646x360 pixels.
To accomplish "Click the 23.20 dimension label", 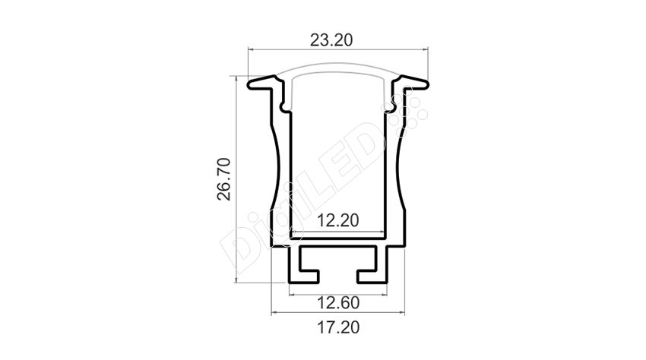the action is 331,40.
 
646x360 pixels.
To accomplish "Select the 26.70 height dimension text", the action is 224,178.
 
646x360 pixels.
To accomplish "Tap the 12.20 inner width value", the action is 338,221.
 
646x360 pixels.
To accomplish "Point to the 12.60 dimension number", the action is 338,303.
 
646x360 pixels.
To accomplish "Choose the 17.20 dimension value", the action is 338,328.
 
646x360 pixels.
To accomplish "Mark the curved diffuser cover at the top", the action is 338,66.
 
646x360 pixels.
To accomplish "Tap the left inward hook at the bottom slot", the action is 309,276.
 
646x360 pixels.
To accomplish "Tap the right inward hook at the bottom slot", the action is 367,276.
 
